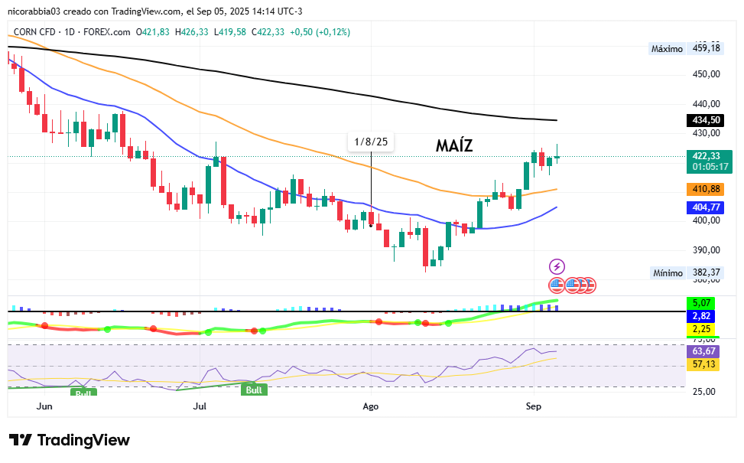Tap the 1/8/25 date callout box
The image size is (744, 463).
[371, 142]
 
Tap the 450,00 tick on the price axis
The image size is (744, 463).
[706, 75]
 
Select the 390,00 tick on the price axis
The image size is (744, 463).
[706, 250]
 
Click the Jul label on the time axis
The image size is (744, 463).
[201, 406]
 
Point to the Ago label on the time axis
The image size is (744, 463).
[371, 406]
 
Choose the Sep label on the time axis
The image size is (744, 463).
[534, 406]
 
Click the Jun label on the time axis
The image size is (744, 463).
[44, 406]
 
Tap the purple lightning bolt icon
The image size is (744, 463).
[557, 266]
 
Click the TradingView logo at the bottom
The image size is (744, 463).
[70, 441]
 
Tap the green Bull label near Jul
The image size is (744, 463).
[254, 390]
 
